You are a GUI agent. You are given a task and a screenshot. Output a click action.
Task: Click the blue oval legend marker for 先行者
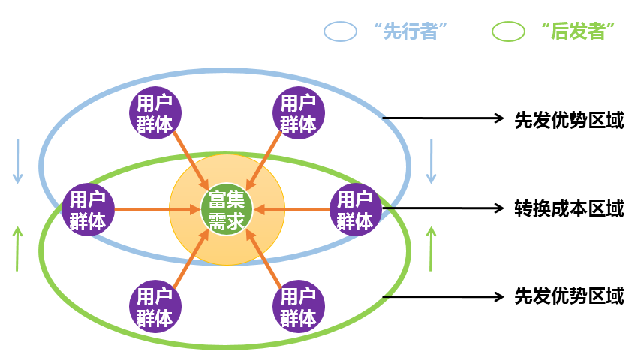tap(340, 31)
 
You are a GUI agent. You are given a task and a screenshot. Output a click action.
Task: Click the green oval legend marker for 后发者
tap(508, 31)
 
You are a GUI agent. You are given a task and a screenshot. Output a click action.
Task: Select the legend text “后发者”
tap(577, 31)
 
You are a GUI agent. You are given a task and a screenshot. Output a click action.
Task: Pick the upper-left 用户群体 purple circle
tap(155, 113)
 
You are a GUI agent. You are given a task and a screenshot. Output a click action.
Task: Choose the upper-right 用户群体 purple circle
tap(298, 113)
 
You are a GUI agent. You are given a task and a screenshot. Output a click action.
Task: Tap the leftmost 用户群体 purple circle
tap(88, 209)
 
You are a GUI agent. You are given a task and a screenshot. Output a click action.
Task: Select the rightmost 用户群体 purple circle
tap(354, 209)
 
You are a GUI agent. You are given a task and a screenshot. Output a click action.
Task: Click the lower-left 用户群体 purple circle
tap(155, 306)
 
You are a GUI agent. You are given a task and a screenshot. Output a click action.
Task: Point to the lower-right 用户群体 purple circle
tap(298, 306)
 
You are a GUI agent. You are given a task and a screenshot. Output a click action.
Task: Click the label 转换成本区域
tap(569, 208)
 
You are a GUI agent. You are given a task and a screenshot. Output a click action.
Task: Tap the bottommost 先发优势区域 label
tap(569, 296)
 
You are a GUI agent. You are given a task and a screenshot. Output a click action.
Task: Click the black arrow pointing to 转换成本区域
tap(443, 208)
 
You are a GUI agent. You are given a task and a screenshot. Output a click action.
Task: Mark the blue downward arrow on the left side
tap(18, 161)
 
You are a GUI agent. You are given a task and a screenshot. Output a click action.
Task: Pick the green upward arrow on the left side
tap(18, 247)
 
